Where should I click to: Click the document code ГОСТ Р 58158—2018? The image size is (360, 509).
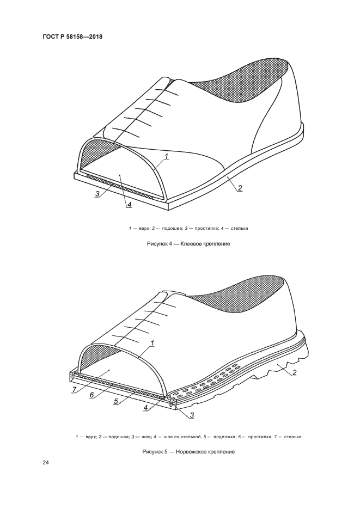pyautogui.click(x=72, y=36)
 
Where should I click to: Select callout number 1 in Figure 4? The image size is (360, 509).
pyautogui.click(x=166, y=157)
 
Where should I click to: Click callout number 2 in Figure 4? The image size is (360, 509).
pyautogui.click(x=240, y=188)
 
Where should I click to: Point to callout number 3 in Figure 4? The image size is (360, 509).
pyautogui.click(x=97, y=194)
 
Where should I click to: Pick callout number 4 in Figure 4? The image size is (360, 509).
pyautogui.click(x=129, y=205)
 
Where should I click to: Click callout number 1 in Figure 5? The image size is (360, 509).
pyautogui.click(x=152, y=343)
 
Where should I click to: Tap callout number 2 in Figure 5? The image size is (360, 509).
pyautogui.click(x=294, y=372)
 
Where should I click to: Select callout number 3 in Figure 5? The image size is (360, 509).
pyautogui.click(x=192, y=414)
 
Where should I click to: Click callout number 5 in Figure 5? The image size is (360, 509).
pyautogui.click(x=115, y=402)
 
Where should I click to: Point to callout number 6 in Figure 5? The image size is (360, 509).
pyautogui.click(x=91, y=395)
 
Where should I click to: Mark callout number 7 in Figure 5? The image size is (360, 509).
pyautogui.click(x=74, y=390)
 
